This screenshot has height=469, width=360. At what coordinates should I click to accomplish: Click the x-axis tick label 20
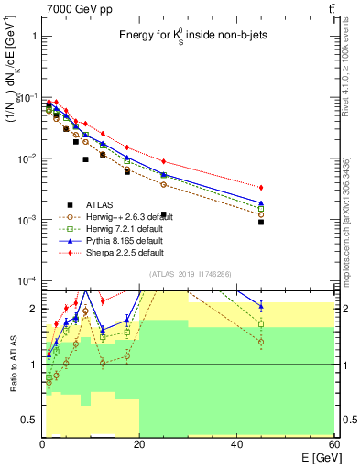139,443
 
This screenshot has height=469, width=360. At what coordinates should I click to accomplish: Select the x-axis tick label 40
237,443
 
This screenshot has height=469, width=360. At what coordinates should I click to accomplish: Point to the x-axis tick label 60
333,443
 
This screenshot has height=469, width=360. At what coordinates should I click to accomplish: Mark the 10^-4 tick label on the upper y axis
27,281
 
